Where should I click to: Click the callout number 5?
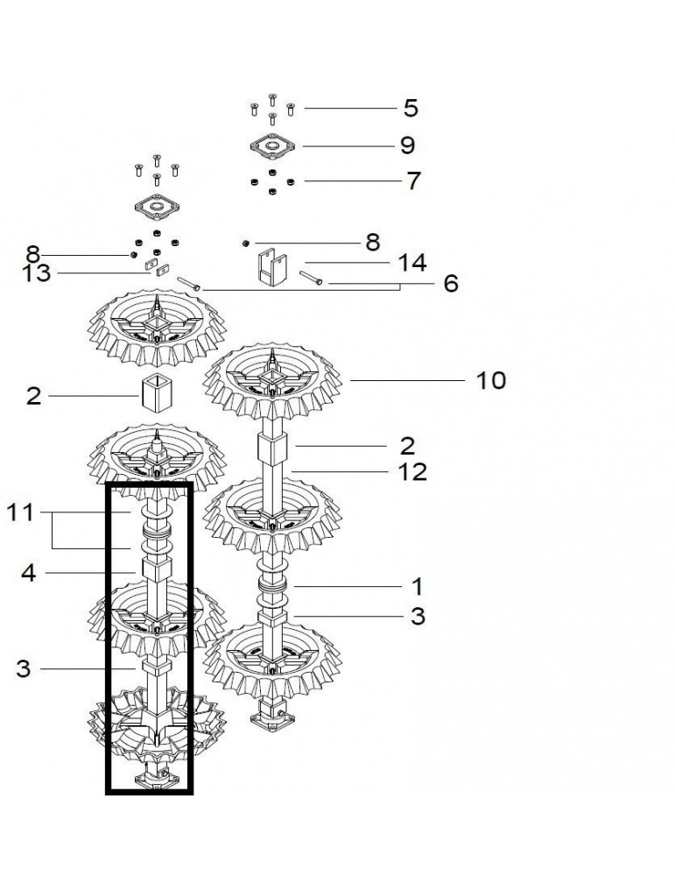click(x=411, y=109)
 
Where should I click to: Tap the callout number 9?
click(x=408, y=145)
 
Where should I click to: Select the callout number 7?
click(x=413, y=181)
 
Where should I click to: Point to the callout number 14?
click(x=412, y=263)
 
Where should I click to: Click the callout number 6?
click(x=451, y=284)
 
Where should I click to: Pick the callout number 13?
click(x=36, y=273)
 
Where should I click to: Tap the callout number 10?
click(x=491, y=380)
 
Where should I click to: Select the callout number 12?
click(x=412, y=472)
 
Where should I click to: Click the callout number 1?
click(x=417, y=587)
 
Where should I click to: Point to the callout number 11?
click(x=20, y=512)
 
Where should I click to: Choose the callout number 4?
click(x=29, y=573)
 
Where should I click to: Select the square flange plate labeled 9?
click(x=272, y=146)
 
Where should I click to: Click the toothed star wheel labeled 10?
click(x=272, y=383)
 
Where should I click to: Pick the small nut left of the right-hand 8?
click(x=245, y=243)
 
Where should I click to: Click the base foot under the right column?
click(x=272, y=720)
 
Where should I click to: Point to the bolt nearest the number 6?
click(x=311, y=278)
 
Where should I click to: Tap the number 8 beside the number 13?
click(x=33, y=255)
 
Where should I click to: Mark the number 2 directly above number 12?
click(x=408, y=447)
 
